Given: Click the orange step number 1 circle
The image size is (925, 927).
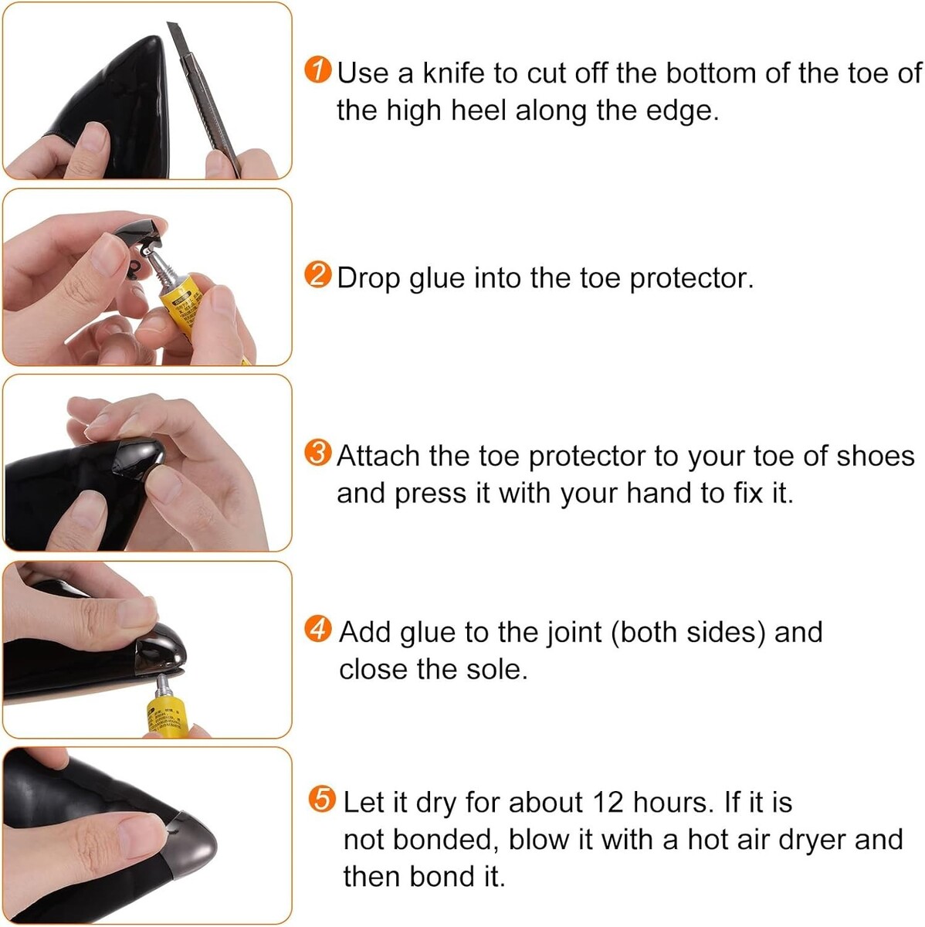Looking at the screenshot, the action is (318, 70).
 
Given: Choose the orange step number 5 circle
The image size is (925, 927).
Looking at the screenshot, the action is (321, 799).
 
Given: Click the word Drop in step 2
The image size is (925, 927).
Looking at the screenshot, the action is (368, 279).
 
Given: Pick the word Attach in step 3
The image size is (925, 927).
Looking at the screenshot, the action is (378, 456).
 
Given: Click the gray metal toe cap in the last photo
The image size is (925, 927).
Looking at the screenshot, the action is (191, 850).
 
